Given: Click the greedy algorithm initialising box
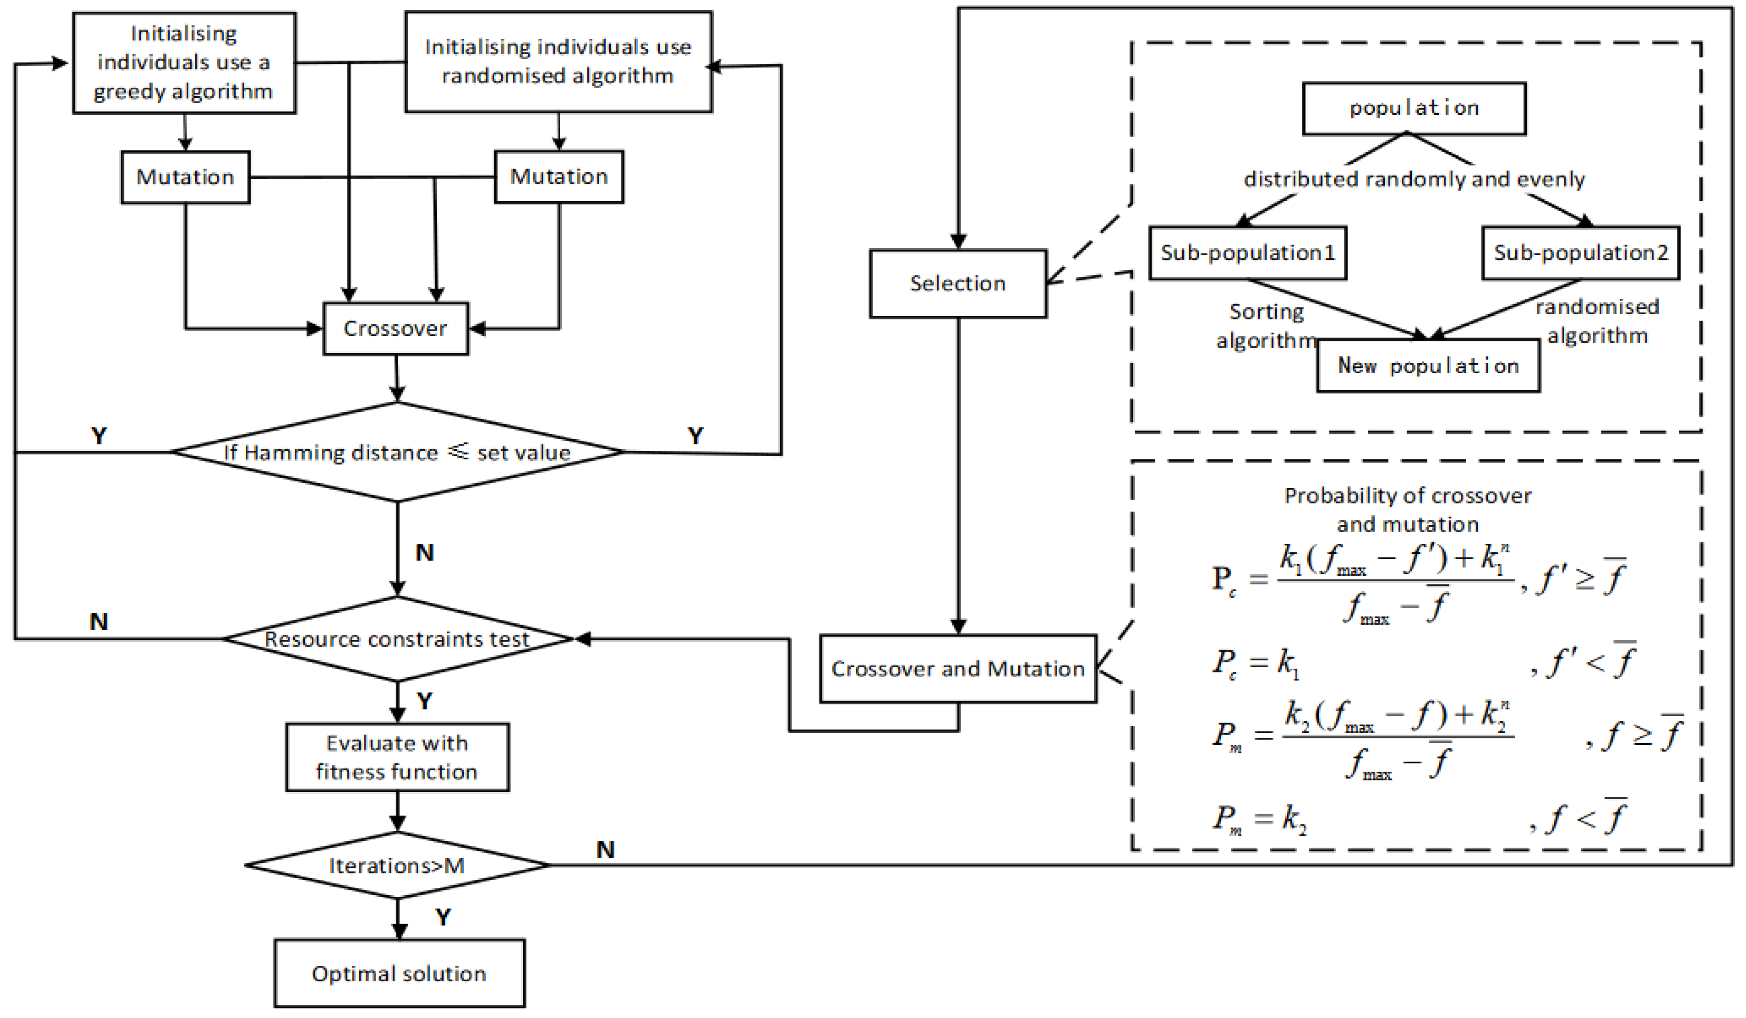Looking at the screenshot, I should [184, 62].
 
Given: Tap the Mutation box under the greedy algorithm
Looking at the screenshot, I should [185, 177].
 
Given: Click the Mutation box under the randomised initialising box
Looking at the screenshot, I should [559, 176].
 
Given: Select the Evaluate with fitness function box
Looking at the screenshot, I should [397, 757].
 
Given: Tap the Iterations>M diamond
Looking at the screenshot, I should [397, 865].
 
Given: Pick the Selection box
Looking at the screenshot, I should [958, 283].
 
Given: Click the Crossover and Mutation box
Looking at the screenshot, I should [958, 668].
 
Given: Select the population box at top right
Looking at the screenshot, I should [1414, 108].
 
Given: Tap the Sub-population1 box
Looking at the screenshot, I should [1247, 253].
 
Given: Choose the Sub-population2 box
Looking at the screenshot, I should [1581, 253].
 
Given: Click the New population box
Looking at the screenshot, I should [1428, 366].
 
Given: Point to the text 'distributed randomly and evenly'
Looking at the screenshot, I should [1414, 179].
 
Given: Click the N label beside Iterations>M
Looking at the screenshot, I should [605, 849].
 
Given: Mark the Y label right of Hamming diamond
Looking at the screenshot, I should [695, 435].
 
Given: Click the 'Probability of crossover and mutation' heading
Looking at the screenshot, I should [1407, 510].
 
